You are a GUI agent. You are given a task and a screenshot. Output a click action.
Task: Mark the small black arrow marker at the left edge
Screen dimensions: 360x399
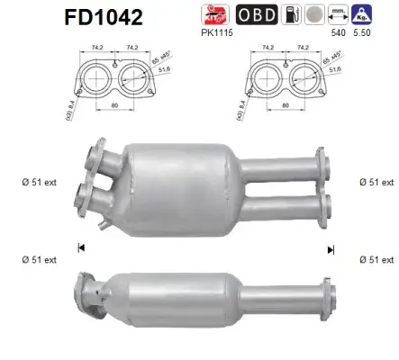click(83, 247)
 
